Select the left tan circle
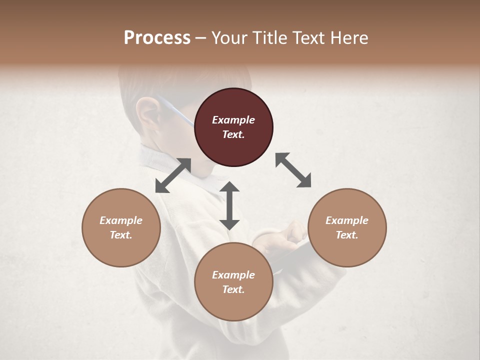121,227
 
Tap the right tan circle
347,227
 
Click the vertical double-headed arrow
229,205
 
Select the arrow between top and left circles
173,175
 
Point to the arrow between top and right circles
293,170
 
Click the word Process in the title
157,38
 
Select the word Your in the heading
230,38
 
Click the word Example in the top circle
233,120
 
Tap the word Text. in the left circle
121,235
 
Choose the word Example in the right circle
347,220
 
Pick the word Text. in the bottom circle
233,289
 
